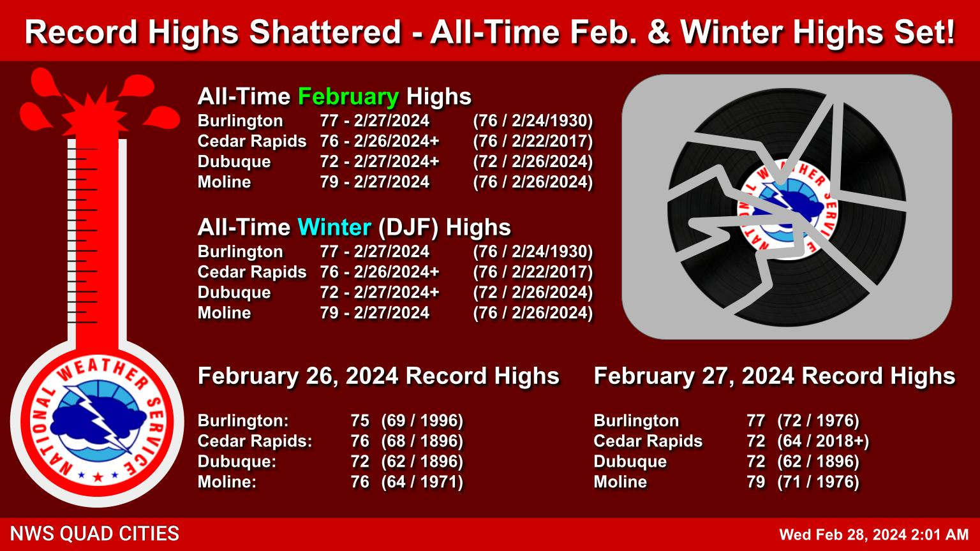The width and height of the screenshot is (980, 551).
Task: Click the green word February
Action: click(x=348, y=97)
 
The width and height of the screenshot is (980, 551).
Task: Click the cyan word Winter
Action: click(x=335, y=228)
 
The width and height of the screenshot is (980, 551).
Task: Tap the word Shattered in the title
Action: click(x=325, y=33)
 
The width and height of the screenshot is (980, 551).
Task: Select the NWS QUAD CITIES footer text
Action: click(x=94, y=534)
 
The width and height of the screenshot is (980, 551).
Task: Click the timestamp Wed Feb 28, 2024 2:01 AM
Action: click(x=874, y=535)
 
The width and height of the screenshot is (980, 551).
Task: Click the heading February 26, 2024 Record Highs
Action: click(x=378, y=376)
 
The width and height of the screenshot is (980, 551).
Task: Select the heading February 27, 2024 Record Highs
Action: click(x=775, y=376)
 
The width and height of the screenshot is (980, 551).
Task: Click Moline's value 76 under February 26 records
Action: click(x=360, y=482)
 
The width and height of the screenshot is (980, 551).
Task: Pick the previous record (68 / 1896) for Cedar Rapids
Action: click(x=422, y=441)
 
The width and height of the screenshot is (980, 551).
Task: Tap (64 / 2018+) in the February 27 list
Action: click(x=823, y=441)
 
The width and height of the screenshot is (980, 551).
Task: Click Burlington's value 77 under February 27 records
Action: click(x=756, y=421)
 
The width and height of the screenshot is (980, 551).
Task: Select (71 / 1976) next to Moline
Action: click(x=818, y=482)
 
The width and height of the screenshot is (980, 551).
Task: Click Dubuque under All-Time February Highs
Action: click(x=234, y=162)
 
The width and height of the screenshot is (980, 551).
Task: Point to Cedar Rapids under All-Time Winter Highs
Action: click(x=252, y=272)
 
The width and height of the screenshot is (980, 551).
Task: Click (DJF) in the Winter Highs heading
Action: click(x=408, y=228)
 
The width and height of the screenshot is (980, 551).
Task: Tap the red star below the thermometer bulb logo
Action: click(x=98, y=476)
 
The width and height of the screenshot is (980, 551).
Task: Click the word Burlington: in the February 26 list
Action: click(x=243, y=421)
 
